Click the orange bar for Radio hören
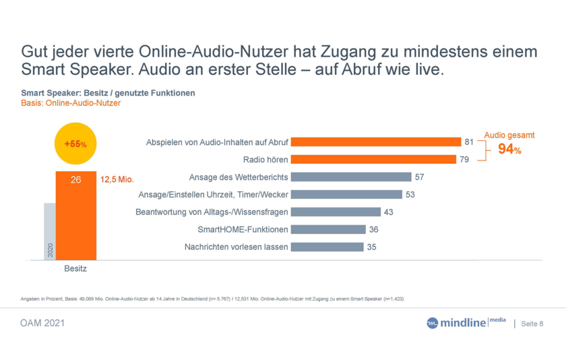point(373,160)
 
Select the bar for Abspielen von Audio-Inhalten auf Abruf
point(375,142)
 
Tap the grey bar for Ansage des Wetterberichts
point(351,177)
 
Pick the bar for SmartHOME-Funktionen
point(328,230)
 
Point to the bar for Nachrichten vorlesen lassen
point(327,247)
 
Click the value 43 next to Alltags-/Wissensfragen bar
point(388,212)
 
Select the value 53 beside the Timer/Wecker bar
point(410,195)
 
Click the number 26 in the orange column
point(76,180)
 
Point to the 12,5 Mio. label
point(117,180)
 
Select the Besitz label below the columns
point(75,268)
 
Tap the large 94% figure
point(509,150)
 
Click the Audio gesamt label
point(509,136)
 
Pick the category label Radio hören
point(265,160)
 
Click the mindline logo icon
point(432,324)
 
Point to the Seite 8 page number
point(532,324)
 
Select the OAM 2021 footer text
point(42,324)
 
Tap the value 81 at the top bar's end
point(469,142)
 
